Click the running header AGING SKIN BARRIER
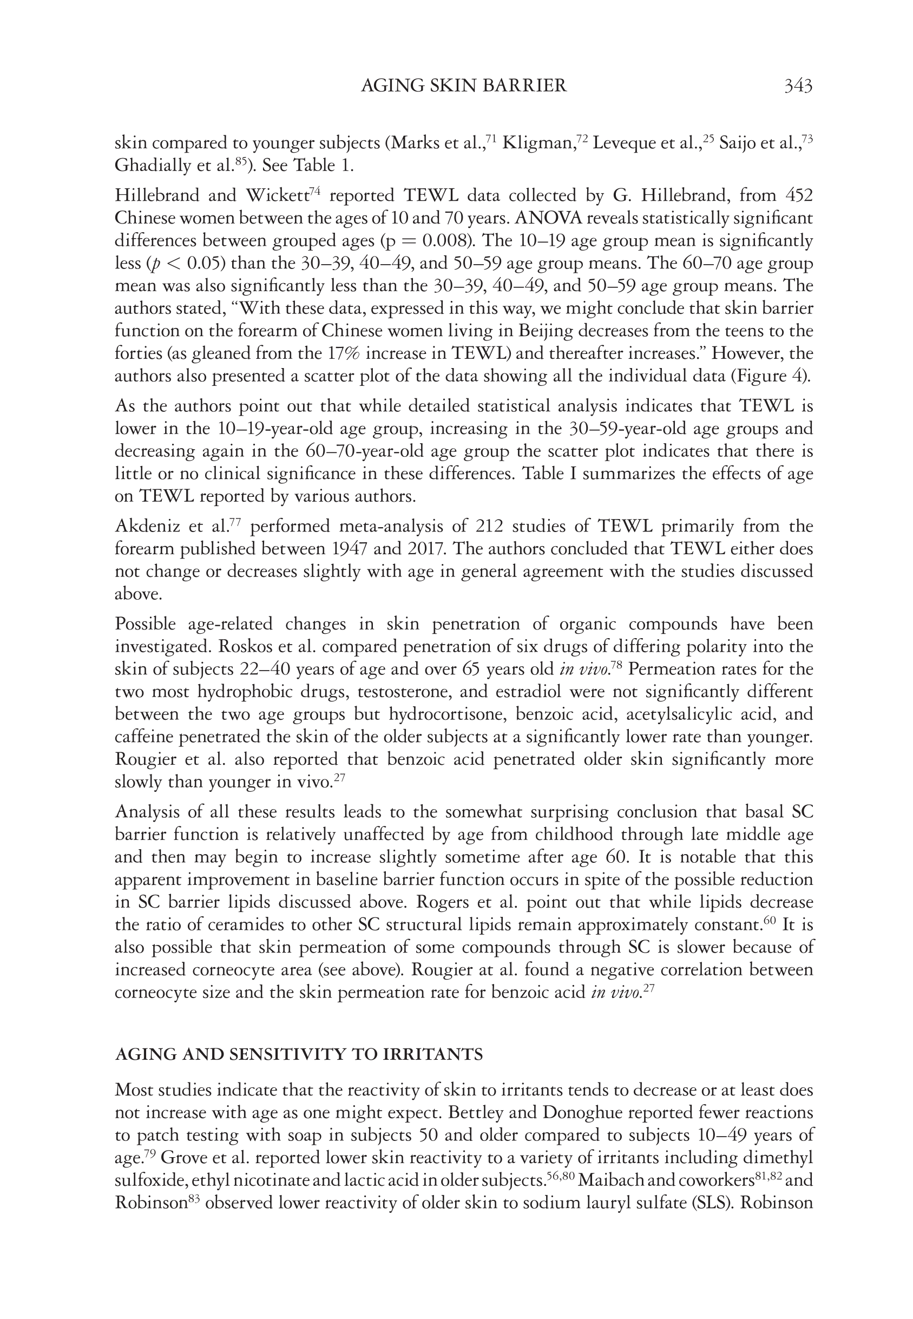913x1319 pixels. tap(464, 86)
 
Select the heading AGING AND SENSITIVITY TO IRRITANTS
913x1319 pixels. tap(299, 1054)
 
